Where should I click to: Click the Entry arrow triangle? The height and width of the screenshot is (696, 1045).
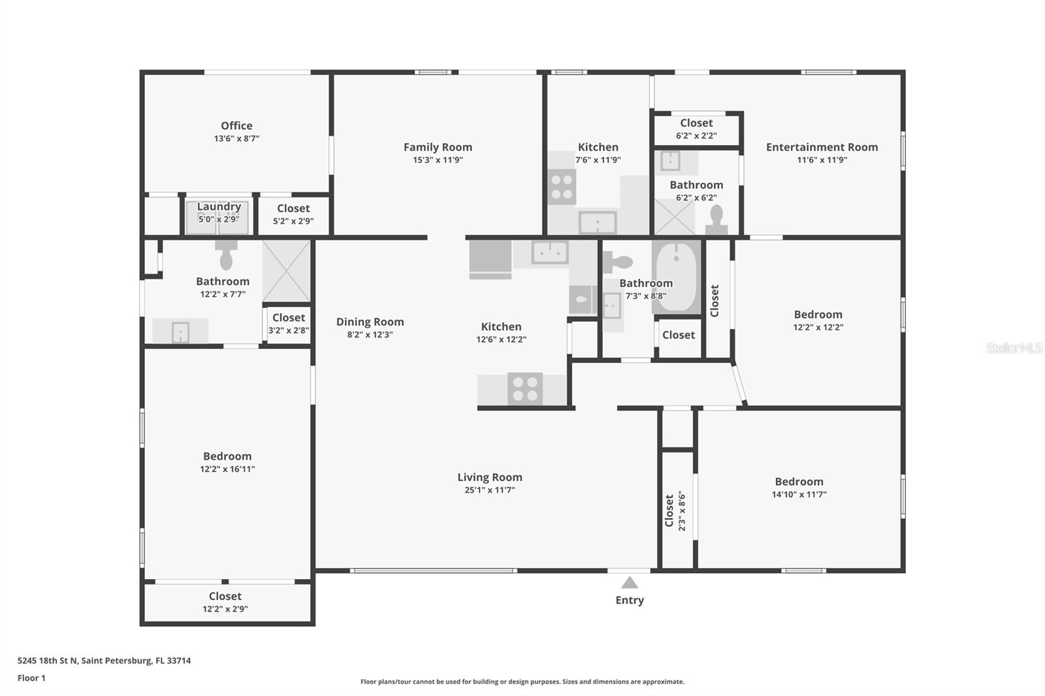point(629,582)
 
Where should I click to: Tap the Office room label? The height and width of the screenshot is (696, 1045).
point(236,125)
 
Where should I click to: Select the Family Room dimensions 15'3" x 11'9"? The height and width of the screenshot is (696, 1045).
point(438,160)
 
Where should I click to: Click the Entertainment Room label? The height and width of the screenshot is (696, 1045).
point(822,147)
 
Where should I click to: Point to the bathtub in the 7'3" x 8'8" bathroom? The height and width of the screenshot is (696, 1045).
point(676,277)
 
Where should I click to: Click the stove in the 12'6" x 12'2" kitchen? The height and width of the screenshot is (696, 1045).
point(525,389)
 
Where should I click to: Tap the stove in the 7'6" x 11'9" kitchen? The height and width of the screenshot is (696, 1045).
point(562,187)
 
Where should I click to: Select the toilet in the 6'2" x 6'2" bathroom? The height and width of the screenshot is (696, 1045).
point(716,219)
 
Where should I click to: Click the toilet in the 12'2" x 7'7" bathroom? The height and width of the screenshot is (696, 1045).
point(226,255)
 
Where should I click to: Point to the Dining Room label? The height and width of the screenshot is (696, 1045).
point(370,321)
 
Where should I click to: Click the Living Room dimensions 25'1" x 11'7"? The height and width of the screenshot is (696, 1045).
point(490,490)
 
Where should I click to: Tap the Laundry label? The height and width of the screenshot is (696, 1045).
point(219,206)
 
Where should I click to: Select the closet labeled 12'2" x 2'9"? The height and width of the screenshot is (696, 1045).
point(225,602)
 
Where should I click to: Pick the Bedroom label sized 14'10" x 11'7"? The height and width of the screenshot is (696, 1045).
point(799,481)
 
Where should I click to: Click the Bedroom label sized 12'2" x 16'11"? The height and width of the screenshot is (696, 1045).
point(227,456)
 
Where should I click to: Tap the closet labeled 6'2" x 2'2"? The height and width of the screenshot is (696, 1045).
point(696,129)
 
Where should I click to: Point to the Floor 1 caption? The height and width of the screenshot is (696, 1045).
point(31,678)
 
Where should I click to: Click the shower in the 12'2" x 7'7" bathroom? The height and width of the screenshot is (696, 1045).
point(286,271)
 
